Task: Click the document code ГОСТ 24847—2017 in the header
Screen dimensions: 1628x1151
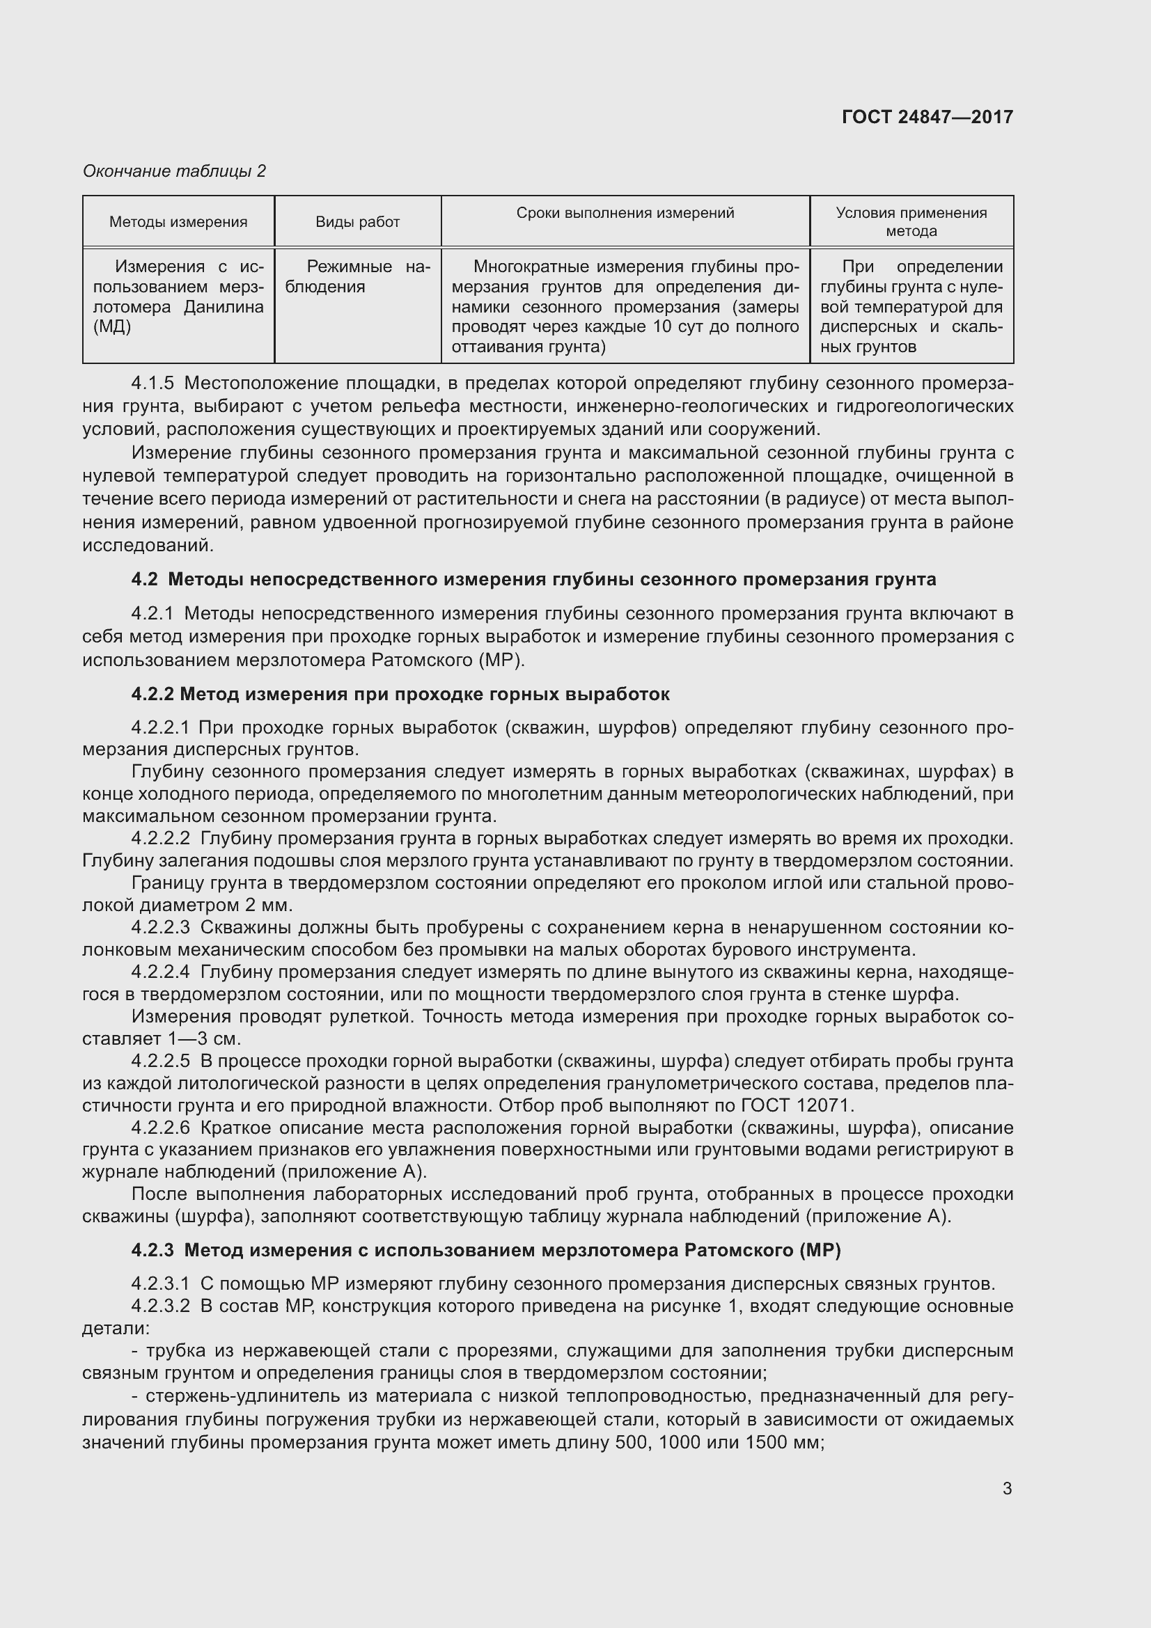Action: point(927,117)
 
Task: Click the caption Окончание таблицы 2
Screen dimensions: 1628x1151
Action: point(175,171)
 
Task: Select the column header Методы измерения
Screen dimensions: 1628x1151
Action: point(178,222)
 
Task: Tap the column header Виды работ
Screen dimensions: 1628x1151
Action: point(357,222)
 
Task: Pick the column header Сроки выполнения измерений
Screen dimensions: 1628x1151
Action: point(625,213)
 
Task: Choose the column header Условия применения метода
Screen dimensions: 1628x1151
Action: point(911,222)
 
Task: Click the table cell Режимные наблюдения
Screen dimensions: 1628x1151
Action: point(357,276)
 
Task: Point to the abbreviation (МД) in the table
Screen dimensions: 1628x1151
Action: point(112,327)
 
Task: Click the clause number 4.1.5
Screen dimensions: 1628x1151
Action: point(152,384)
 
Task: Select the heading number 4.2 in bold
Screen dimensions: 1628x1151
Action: point(144,579)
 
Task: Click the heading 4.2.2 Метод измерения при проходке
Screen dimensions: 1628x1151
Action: point(400,693)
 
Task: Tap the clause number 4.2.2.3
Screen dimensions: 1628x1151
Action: point(160,926)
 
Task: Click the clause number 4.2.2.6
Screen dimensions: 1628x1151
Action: point(160,1128)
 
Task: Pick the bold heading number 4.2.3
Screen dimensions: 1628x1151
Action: point(152,1250)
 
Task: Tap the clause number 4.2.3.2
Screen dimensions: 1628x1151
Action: point(160,1306)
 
